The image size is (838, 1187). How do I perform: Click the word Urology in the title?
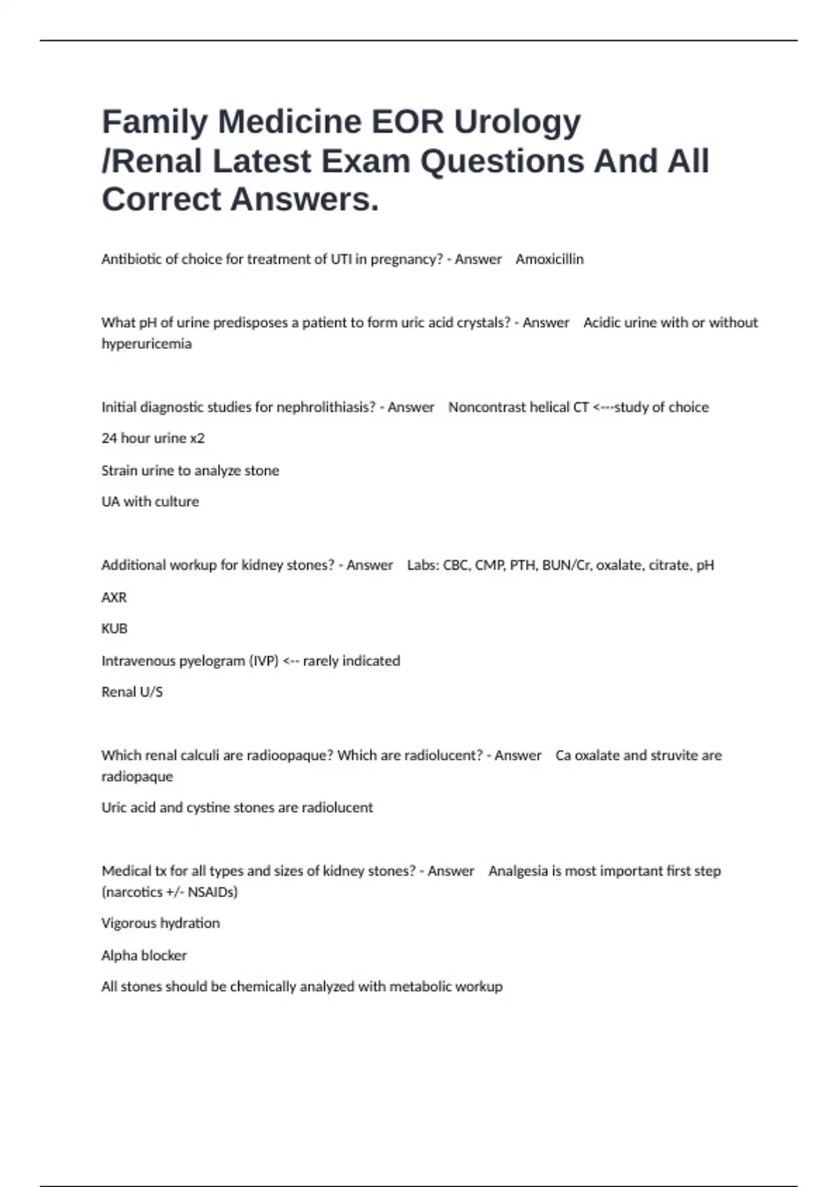pos(517,123)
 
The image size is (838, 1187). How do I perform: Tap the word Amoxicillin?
pos(550,259)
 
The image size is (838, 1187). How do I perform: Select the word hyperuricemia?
pos(147,344)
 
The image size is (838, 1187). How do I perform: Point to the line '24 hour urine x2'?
pos(153,438)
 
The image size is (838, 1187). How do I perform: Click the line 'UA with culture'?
pos(150,501)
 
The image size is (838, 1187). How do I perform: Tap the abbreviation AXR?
pos(114,597)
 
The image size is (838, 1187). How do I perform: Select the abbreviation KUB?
pos(115,628)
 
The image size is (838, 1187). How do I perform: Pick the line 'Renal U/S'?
pos(132,692)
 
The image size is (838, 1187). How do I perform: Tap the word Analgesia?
pos(518,871)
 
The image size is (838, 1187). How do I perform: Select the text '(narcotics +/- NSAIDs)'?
pos(170,892)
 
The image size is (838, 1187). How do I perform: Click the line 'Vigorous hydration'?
pos(161,923)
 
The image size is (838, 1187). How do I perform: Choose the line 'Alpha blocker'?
pos(144,955)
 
